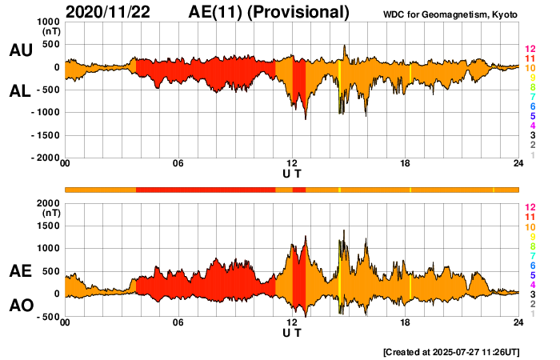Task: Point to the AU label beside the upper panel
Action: (x=20, y=50)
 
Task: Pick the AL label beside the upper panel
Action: (x=20, y=91)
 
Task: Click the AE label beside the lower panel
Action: (x=20, y=272)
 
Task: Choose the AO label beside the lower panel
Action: (x=20, y=306)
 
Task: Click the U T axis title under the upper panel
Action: (x=292, y=173)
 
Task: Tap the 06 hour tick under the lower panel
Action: (x=178, y=322)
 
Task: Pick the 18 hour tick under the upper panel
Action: (x=406, y=164)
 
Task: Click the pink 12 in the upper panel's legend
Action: (x=530, y=50)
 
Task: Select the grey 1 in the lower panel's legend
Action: (x=530, y=314)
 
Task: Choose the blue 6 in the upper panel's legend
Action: (x=530, y=107)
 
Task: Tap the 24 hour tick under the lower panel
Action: (x=519, y=322)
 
